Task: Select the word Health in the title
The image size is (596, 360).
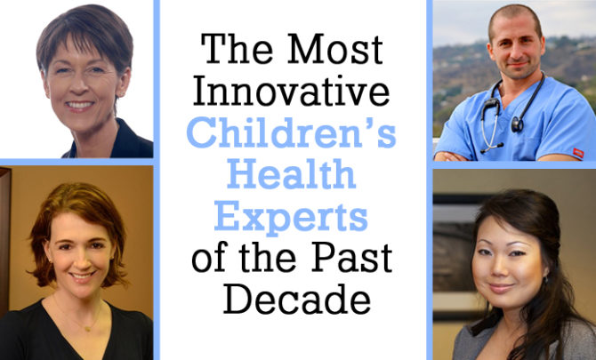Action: pyautogui.click(x=292, y=174)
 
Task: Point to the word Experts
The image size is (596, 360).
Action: pyautogui.click(x=291, y=217)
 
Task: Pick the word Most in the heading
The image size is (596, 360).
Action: pyautogui.click(x=335, y=50)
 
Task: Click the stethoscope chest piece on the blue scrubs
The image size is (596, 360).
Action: pyautogui.click(x=517, y=124)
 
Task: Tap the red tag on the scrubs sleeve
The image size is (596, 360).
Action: pyautogui.click(x=578, y=153)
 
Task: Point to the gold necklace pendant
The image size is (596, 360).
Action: pyautogui.click(x=87, y=329)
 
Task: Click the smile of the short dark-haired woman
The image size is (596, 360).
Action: pyautogui.click(x=79, y=104)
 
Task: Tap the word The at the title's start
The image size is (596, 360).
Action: pyautogui.click(x=237, y=50)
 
